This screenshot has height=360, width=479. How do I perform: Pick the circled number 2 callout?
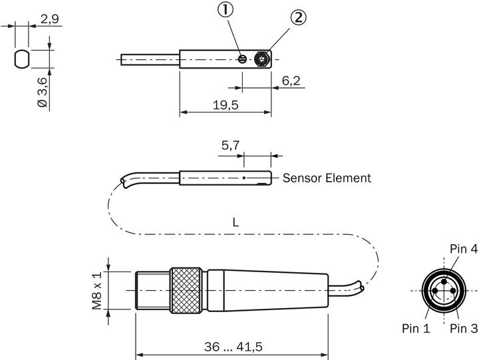[299, 17]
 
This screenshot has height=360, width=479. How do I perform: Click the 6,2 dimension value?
[291, 81]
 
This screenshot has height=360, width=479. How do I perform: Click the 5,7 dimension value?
[230, 146]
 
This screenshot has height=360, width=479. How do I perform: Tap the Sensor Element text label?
[327, 178]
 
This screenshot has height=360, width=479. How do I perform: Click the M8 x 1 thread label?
[98, 291]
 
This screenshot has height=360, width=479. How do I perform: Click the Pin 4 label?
[463, 249]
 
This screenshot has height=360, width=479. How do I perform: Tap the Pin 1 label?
[416, 328]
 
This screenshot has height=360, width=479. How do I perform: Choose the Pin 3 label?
[463, 328]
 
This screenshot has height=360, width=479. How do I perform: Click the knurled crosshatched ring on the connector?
[186, 290]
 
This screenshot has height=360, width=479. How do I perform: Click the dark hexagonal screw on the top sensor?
[263, 59]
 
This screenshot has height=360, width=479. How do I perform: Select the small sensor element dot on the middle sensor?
[244, 178]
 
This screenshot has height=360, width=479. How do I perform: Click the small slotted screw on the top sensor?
[243, 59]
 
